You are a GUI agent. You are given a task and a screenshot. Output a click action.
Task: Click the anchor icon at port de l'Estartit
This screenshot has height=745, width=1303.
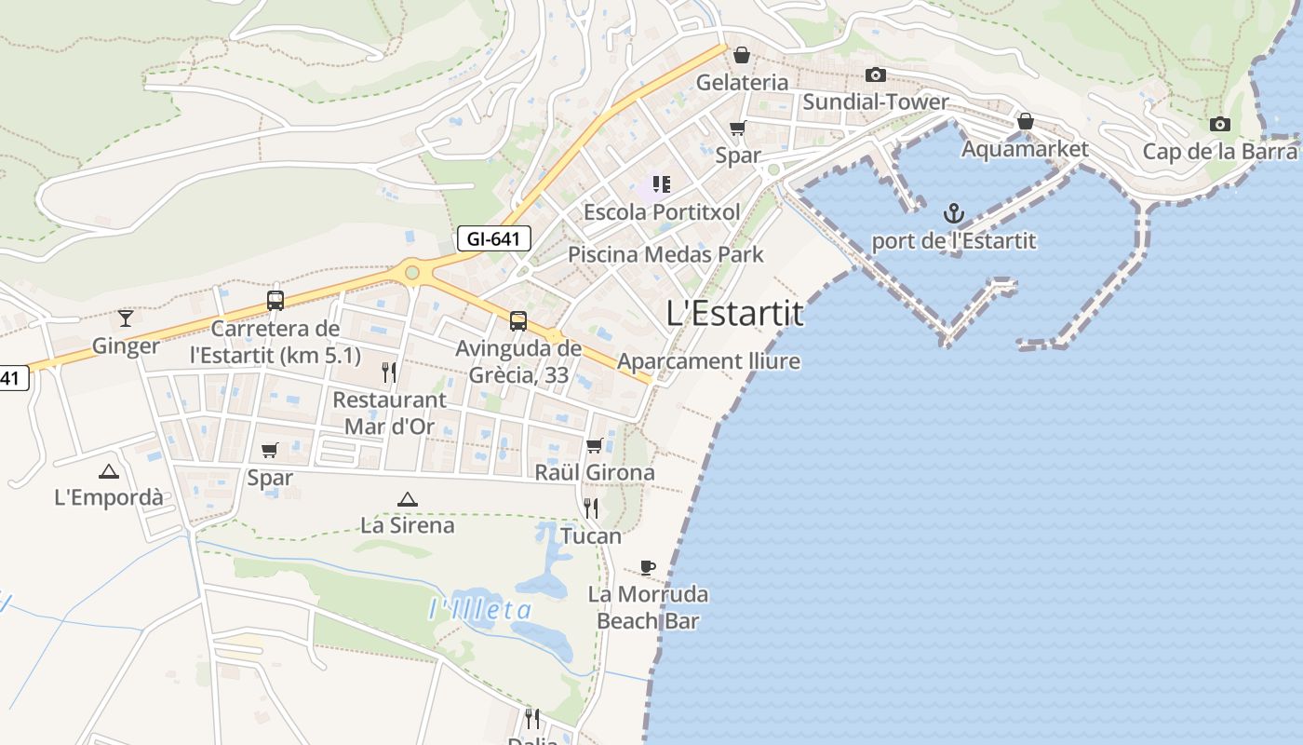tap(953, 214)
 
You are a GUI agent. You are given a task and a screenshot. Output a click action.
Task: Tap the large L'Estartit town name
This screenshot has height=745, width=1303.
tap(735, 314)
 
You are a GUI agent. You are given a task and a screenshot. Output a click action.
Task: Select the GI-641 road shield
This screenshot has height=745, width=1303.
tap(493, 239)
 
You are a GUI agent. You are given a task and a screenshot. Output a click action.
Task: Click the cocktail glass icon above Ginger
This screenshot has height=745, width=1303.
tap(126, 318)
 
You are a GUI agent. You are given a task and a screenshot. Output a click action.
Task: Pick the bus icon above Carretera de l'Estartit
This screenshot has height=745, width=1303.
tap(275, 301)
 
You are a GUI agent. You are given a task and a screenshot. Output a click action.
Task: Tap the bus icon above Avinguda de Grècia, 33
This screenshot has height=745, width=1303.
tap(518, 321)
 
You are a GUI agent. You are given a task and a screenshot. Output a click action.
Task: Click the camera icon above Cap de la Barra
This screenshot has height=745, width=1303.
tap(1219, 124)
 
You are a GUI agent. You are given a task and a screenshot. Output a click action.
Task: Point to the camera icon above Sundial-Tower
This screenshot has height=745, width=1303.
tap(875, 74)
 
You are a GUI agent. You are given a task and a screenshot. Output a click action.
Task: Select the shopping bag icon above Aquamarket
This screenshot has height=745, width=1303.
tap(1025, 121)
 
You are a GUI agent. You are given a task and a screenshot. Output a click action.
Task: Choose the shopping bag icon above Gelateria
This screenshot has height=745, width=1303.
tap(742, 55)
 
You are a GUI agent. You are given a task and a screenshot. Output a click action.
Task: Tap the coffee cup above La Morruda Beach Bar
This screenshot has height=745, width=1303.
tap(648, 567)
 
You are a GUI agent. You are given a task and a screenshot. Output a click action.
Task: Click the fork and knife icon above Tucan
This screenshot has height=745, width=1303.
tap(591, 508)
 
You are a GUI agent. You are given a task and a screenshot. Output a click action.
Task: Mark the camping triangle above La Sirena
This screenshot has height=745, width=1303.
tap(407, 499)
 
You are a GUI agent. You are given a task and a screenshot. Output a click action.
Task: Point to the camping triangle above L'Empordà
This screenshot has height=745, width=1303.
tap(109, 471)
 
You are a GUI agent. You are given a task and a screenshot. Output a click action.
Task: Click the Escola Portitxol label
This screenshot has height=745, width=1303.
tap(662, 212)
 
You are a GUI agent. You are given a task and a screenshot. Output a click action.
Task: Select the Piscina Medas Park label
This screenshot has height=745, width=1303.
tap(665, 254)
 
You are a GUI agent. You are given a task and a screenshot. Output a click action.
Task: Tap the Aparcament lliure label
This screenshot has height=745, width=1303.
tap(708, 361)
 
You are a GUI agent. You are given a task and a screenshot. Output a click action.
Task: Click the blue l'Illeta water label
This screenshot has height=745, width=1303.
tap(480, 611)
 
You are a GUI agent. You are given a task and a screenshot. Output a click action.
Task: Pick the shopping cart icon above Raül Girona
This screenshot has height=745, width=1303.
tap(595, 445)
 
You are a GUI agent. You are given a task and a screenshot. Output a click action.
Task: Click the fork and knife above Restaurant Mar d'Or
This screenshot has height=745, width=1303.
tap(389, 372)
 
